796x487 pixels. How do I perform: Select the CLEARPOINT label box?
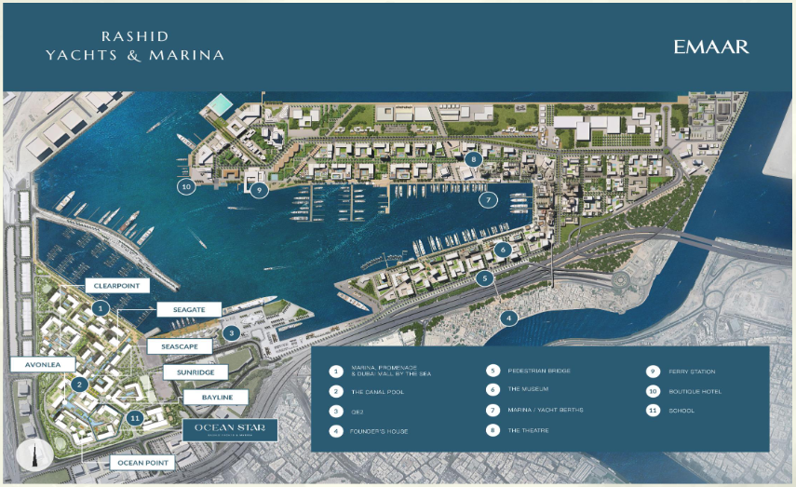(x=116, y=285)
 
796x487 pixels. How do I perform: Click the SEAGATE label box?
(x=188, y=309)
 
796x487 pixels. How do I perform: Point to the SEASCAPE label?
(x=180, y=346)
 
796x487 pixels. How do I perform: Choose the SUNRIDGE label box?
(x=195, y=372)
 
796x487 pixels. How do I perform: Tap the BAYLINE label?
(x=215, y=398)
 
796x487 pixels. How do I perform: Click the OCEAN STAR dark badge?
(x=230, y=429)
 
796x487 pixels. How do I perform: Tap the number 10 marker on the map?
(x=187, y=185)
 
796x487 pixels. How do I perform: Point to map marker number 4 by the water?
(x=508, y=318)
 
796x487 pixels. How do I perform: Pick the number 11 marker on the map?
(x=137, y=419)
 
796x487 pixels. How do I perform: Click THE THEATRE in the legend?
(x=529, y=431)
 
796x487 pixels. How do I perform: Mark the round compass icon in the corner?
(x=33, y=456)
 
